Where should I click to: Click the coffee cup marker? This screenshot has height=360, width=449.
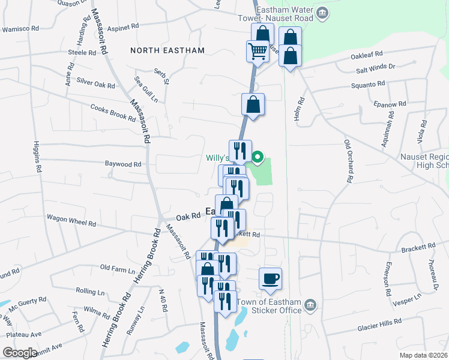click(270, 278)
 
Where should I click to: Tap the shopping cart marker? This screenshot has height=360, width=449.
click(257, 51)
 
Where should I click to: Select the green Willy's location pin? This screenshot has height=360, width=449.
click(258, 158)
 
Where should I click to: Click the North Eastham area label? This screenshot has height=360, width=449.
click(167, 50)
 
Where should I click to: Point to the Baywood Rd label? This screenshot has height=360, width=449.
click(123, 164)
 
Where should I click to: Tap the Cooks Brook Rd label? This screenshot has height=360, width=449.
click(113, 113)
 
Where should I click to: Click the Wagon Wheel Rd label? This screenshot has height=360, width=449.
click(71, 220)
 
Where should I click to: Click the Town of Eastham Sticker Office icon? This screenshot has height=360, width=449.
click(310, 305)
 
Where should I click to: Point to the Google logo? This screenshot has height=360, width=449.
click(20, 352)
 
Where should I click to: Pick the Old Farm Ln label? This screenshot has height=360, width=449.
click(116, 267)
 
